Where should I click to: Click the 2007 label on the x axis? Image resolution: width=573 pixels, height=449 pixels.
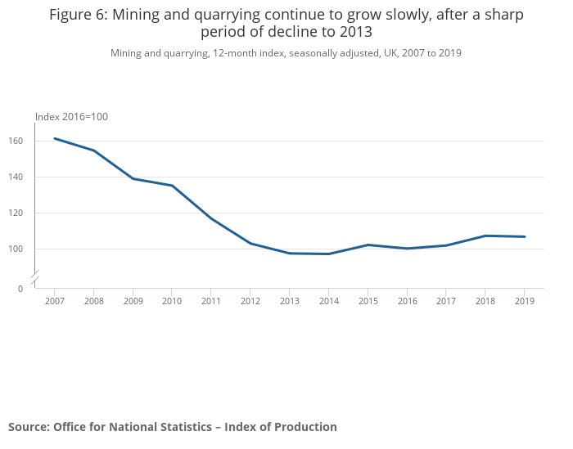[x=54, y=301]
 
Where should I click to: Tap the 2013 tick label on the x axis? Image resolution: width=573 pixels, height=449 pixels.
[x=289, y=301]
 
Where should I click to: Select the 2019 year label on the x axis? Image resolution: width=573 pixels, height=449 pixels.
[x=525, y=301]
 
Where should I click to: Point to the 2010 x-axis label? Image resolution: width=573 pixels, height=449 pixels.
[x=172, y=301]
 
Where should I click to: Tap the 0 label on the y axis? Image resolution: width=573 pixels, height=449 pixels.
[x=20, y=289]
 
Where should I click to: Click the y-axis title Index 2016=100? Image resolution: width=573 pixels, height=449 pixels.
[x=71, y=117]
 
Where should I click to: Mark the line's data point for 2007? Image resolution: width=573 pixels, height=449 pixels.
[x=54, y=138]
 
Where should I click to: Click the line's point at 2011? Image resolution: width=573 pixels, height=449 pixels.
[x=211, y=219]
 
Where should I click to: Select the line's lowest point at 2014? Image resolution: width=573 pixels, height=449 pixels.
[x=328, y=254]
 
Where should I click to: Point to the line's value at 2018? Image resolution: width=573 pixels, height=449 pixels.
[x=485, y=236]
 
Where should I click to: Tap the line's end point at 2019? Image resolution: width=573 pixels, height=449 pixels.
[x=525, y=236]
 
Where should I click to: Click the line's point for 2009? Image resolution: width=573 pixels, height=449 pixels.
[x=133, y=178]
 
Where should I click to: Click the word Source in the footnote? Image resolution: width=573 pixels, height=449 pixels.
[x=29, y=427]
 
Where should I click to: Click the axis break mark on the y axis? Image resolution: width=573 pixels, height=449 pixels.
[x=34, y=278]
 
